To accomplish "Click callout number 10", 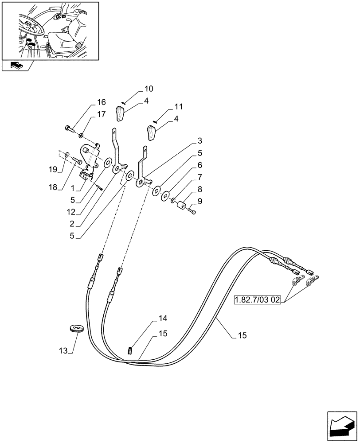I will click(148, 88).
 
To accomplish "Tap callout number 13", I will click(64, 351).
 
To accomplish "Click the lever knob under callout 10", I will click(121, 113).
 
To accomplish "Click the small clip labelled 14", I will click(130, 350).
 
